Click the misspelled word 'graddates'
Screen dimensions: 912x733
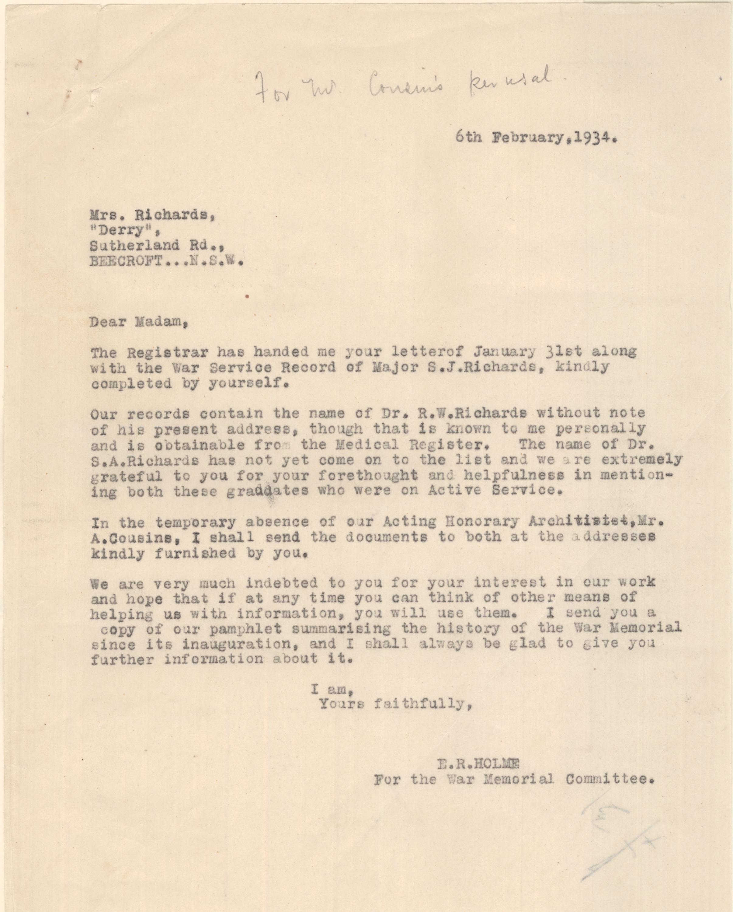[x=267, y=491]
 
